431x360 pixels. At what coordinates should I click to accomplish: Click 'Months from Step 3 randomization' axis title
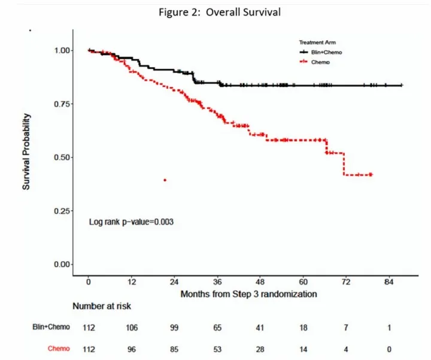[x=249, y=294]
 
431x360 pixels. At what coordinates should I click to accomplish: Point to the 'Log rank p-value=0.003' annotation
[x=132, y=222]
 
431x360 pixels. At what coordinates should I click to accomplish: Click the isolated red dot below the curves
[x=164, y=180]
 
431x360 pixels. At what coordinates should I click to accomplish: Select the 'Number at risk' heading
[x=102, y=306]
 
